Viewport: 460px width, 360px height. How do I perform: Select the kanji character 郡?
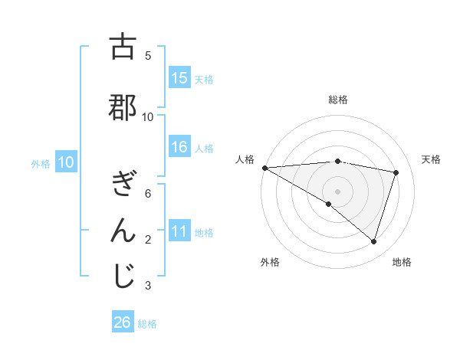(x=123, y=108)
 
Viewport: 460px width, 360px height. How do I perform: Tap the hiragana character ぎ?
(x=123, y=185)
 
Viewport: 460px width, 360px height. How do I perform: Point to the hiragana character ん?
(x=123, y=231)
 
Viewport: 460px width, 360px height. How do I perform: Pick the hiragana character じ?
(x=123, y=277)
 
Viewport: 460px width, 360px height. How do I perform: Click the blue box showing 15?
(x=179, y=78)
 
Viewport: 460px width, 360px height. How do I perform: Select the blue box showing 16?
(x=179, y=147)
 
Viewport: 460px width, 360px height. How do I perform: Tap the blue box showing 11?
(x=179, y=231)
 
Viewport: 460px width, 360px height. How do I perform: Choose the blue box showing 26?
(x=123, y=322)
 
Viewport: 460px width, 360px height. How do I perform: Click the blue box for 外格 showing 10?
(x=66, y=162)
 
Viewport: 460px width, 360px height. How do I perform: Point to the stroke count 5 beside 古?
(x=148, y=56)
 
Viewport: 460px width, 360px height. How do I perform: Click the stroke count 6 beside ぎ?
(x=148, y=194)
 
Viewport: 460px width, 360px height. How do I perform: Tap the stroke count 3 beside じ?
(x=148, y=286)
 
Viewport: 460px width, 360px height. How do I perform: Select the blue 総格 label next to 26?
(x=147, y=323)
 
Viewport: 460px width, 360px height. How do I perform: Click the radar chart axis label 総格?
(x=337, y=100)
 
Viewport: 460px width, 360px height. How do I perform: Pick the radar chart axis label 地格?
(x=402, y=262)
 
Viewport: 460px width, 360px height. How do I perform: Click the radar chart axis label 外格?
(x=270, y=262)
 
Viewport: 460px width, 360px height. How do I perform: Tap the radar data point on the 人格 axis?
(x=264, y=168)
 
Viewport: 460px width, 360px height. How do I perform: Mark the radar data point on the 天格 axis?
(x=396, y=172)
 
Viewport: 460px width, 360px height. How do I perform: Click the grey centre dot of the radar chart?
(x=337, y=190)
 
